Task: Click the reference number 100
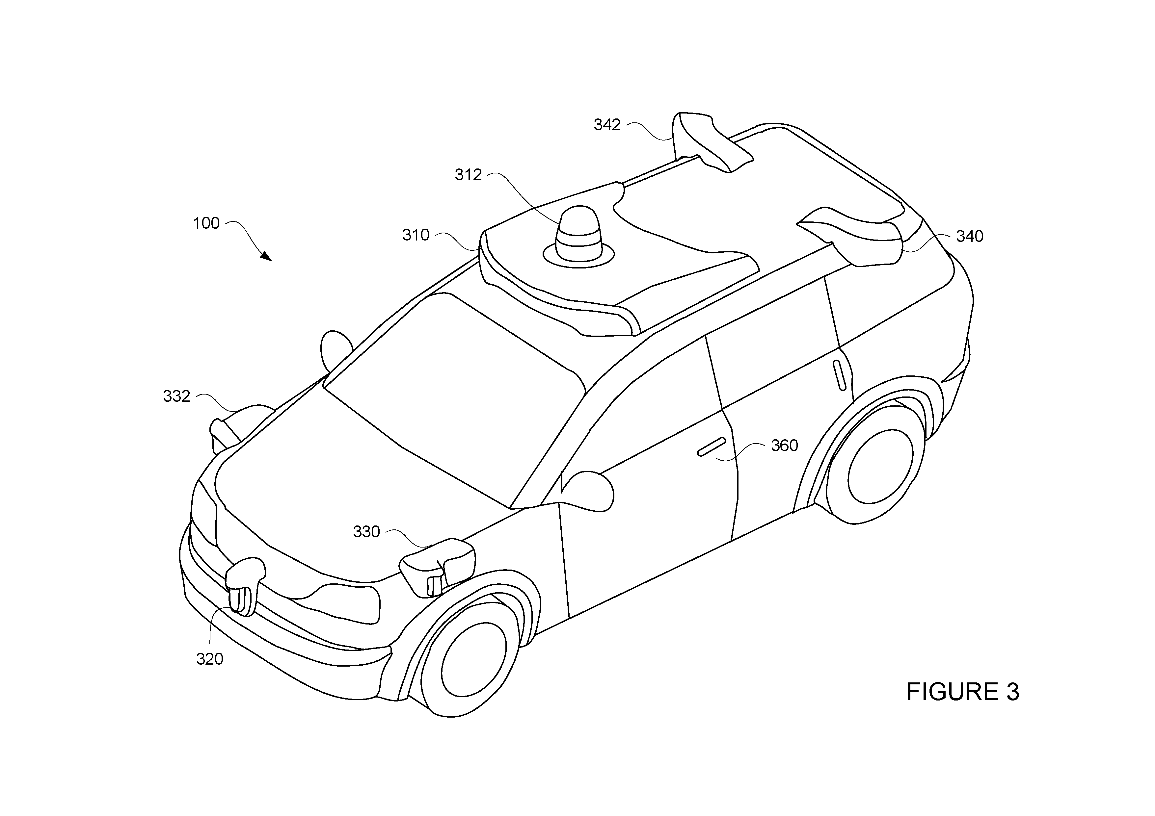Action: click(206, 223)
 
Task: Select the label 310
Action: click(416, 235)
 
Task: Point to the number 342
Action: click(607, 125)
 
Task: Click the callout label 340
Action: click(969, 236)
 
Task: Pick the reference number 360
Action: click(785, 446)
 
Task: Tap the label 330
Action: click(367, 531)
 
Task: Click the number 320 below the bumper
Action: click(210, 659)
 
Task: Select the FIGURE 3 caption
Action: click(963, 692)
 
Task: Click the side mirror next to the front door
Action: click(589, 491)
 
